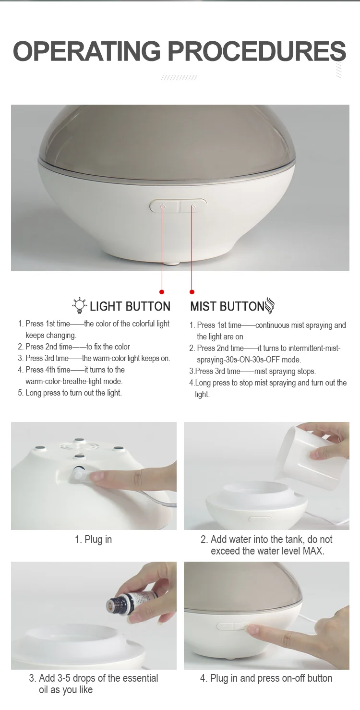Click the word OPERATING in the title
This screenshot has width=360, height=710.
coord(86,51)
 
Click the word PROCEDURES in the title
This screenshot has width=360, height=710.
coord(257,51)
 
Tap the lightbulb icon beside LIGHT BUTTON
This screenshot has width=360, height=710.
coord(79,305)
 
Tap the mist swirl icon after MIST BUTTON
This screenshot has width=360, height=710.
coord(269,305)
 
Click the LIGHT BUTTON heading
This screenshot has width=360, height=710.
coord(130,306)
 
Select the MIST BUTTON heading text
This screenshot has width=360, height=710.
coord(227,306)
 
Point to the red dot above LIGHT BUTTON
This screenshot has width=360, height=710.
coord(162,291)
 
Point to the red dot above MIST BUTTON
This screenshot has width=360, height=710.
coord(192,291)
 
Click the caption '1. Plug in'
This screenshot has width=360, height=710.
coord(93,539)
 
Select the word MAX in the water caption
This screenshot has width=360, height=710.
coord(313,551)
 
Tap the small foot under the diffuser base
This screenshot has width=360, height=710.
coord(172,263)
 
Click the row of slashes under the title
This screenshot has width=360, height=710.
coord(179,77)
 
